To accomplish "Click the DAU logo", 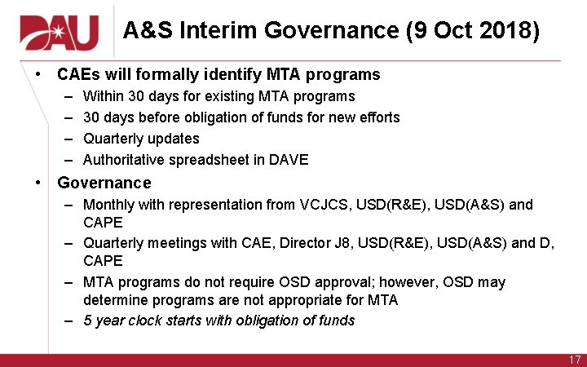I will tap(59, 32).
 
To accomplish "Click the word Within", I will tap(103, 96).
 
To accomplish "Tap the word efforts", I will tap(377, 117).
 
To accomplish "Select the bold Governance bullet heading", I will tap(104, 183).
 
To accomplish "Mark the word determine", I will tap(115, 300).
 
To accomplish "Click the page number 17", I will tap(574, 360).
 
